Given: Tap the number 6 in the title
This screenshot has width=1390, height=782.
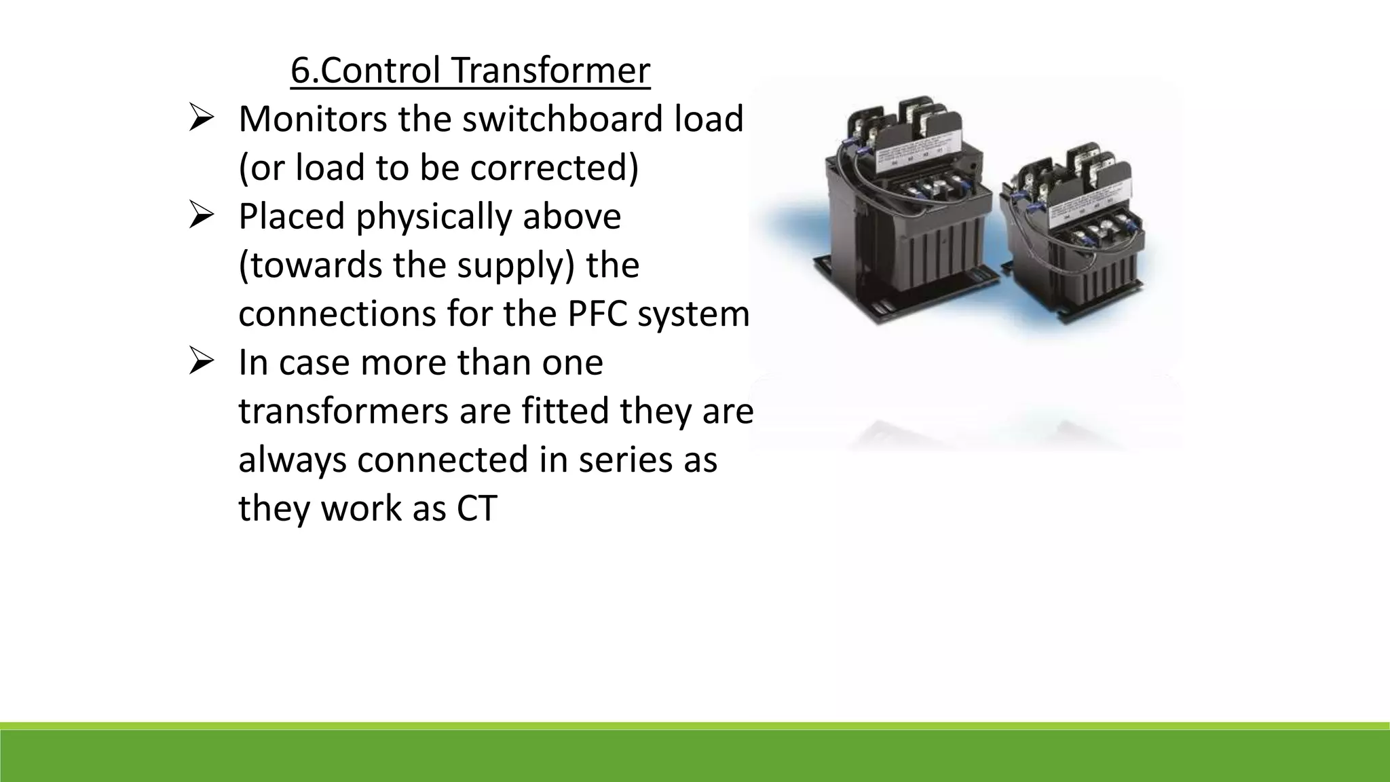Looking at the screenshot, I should [x=299, y=71].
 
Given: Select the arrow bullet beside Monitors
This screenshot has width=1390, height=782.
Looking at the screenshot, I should [x=202, y=119].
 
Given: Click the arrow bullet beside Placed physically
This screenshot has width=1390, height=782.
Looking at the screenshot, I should [x=202, y=217].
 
